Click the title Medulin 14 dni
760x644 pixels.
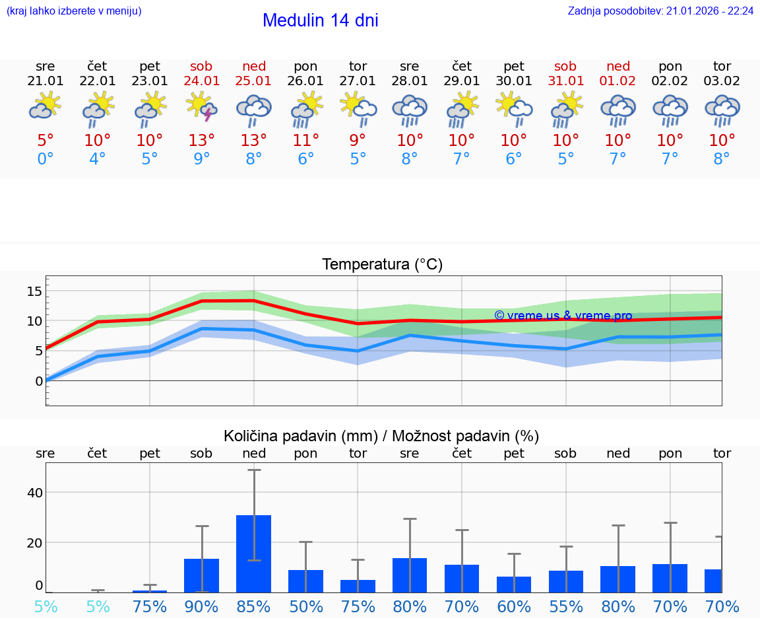coord(320,20)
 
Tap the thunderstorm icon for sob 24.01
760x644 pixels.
coord(202,108)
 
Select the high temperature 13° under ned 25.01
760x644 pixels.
coord(253,141)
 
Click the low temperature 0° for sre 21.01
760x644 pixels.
coord(45,159)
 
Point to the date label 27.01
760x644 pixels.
coord(358,81)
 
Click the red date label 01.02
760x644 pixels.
coord(618,81)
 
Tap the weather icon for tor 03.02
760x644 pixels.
coord(722,110)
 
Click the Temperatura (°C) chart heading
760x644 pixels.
coord(382,265)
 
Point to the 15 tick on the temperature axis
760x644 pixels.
coord(34,291)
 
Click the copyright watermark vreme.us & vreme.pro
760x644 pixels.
coord(563,316)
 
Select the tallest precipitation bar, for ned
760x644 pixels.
coord(254,554)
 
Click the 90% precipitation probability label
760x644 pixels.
coord(201,606)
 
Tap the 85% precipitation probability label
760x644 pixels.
coord(254,606)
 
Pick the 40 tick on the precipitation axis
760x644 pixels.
coord(34,493)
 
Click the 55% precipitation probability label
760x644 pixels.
coord(566,606)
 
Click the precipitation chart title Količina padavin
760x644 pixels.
coord(381,436)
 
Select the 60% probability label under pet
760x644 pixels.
coord(514,606)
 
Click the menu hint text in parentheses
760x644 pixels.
coord(74,11)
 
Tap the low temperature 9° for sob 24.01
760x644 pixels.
coord(201,159)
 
